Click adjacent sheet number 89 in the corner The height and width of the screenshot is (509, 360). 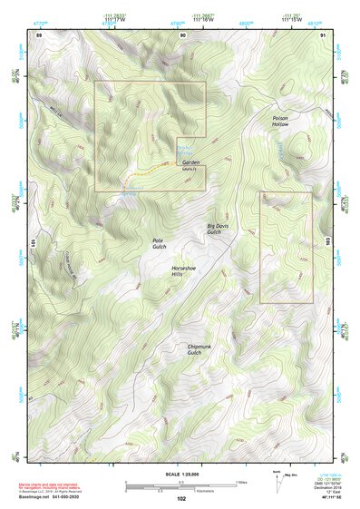39,34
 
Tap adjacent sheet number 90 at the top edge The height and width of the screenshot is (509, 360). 182,34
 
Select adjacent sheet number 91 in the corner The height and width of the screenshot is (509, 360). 324,34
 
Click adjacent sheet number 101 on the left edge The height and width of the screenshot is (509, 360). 36,243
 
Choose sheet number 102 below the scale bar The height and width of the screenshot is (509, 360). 181,499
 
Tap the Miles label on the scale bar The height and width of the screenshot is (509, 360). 241,482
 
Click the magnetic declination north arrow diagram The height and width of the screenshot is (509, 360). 276,482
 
